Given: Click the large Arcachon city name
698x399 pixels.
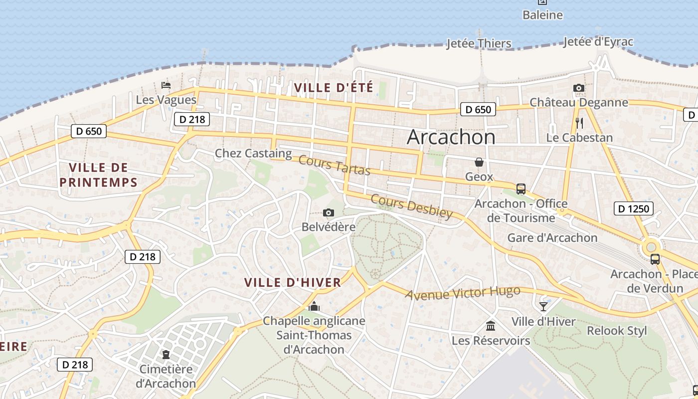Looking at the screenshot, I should [x=451, y=137].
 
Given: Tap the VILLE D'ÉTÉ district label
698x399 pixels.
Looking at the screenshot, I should [x=334, y=88].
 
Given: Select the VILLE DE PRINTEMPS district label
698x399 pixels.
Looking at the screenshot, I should [x=98, y=175].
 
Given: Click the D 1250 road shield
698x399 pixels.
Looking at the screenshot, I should [x=633, y=208].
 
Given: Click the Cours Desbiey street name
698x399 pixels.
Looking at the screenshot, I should [x=412, y=206].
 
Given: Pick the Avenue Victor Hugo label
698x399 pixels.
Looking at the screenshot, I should [x=462, y=293].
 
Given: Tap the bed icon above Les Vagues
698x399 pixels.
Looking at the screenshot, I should [x=166, y=85].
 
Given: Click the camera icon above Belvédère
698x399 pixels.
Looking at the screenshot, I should [x=328, y=213].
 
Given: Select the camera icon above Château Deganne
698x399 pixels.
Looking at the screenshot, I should [x=578, y=88].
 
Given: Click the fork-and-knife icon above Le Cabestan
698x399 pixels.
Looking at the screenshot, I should [x=579, y=123].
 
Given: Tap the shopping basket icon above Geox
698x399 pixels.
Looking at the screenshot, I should [x=479, y=162].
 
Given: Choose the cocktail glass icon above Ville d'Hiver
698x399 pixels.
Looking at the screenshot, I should [x=543, y=306].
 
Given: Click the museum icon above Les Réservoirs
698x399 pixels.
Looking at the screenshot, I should [x=491, y=326].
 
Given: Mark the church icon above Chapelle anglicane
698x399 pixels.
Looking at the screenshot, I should [x=314, y=306].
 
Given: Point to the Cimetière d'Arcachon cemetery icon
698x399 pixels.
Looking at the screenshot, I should [x=166, y=355].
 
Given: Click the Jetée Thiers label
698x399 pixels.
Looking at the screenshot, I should [x=479, y=43].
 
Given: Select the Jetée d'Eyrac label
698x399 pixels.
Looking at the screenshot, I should [x=598, y=42].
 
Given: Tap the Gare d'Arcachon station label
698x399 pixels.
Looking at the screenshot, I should [x=552, y=237].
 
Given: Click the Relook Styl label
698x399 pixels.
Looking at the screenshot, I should [x=617, y=330].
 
